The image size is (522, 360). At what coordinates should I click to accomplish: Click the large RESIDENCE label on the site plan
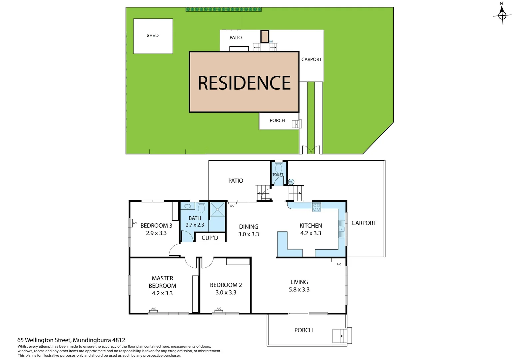pyautogui.click(x=244, y=83)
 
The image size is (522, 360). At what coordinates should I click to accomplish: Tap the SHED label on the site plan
pyautogui.click(x=153, y=35)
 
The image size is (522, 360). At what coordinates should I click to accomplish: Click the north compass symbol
pyautogui.click(x=502, y=15)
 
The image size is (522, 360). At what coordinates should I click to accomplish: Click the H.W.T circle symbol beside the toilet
pyautogui.click(x=291, y=182)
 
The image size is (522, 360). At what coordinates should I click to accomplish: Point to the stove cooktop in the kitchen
pyautogui.click(x=316, y=207)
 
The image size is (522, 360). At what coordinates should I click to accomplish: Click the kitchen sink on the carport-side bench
pyautogui.click(x=341, y=229)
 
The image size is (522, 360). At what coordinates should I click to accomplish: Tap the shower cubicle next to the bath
pyautogui.click(x=217, y=209)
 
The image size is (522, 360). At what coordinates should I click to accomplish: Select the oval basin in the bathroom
pyautogui.click(x=188, y=206)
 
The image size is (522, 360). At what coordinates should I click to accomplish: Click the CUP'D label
pyautogui.click(x=210, y=238)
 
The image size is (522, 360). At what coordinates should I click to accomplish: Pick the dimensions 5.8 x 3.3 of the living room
pyautogui.click(x=299, y=290)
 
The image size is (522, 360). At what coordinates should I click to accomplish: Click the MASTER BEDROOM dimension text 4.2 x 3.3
pyautogui.click(x=162, y=293)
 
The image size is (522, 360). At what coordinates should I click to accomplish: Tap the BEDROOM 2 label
pyautogui.click(x=226, y=285)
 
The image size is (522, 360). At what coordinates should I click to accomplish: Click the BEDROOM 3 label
pyautogui.click(x=156, y=226)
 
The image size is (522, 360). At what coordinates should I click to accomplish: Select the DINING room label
pyautogui.click(x=249, y=227)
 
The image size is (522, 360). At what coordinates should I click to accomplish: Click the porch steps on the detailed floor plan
pyautogui.click(x=340, y=335)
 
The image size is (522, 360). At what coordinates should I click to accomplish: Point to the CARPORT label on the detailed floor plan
pyautogui.click(x=364, y=223)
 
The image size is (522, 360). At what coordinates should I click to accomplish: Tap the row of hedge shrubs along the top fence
pyautogui.click(x=224, y=9)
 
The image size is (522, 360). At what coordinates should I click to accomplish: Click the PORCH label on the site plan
pyautogui.click(x=277, y=120)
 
